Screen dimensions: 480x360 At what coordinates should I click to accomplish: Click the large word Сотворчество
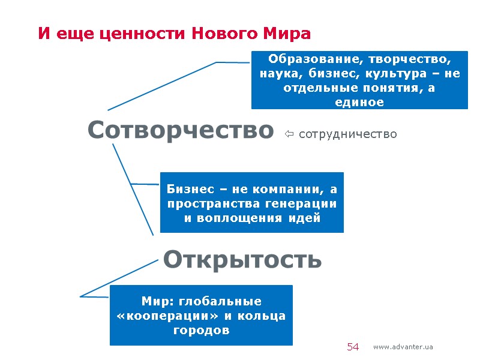tap(180, 130)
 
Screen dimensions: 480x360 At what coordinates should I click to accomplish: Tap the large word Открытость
tap(242, 260)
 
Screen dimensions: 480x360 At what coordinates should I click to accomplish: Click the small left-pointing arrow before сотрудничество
tap(289, 134)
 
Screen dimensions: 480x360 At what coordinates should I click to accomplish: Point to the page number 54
tap(353, 347)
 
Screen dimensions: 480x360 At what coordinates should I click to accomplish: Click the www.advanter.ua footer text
tap(403, 347)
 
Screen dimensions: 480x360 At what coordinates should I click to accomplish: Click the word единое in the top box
tap(359, 102)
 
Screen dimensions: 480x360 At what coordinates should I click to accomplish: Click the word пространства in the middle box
tap(211, 203)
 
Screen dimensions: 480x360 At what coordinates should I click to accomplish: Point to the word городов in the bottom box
tap(201, 330)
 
